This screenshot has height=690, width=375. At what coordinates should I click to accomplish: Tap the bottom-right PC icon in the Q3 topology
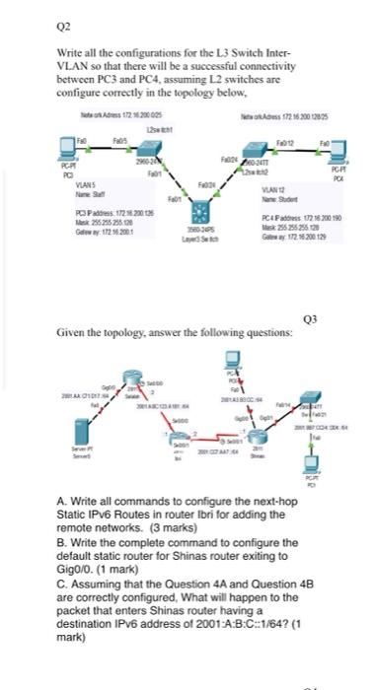(317, 467)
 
